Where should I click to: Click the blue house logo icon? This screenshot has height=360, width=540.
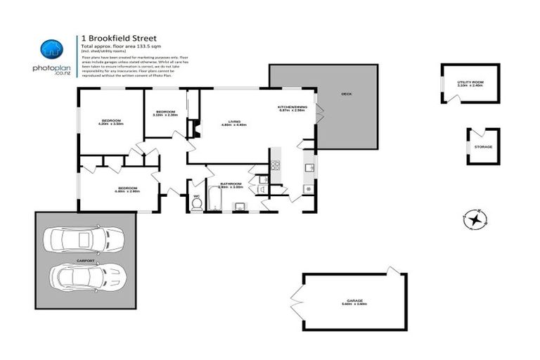[51, 49]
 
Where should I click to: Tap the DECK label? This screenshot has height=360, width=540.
[346, 94]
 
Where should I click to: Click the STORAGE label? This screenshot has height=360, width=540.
[483, 147]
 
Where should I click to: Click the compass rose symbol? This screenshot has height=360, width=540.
[476, 219]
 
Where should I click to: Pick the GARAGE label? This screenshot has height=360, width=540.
[354, 301]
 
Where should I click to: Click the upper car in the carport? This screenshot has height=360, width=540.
[83, 239]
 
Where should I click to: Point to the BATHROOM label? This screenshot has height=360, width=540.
[231, 184]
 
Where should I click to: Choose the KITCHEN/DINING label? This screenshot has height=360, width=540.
[292, 108]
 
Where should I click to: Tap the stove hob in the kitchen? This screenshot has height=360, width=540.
[276, 166]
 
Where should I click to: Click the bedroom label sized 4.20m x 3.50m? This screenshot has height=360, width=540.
[112, 122]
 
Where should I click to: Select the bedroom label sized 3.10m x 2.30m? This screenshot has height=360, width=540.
[165, 112]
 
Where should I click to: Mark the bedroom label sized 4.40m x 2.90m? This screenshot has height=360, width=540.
[127, 188]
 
